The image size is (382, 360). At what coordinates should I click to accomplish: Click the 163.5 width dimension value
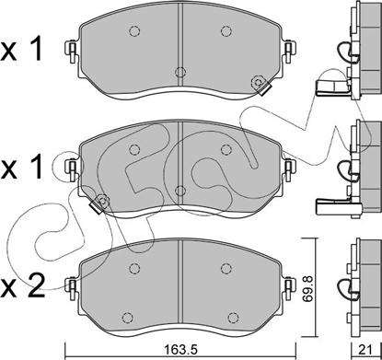180,349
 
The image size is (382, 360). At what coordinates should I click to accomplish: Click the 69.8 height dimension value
307,287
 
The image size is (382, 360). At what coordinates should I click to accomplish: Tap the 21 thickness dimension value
365,349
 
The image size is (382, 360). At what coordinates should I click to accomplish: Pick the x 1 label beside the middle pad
21,168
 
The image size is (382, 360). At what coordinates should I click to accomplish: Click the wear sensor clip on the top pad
260,85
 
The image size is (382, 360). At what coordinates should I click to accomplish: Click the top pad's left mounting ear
72,51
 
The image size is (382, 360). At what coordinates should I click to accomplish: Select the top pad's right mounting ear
289,51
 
